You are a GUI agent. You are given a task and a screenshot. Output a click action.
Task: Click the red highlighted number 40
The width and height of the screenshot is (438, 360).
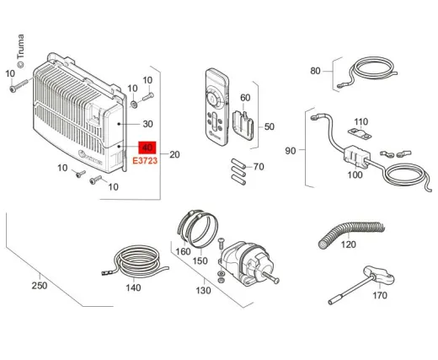click(x=147, y=148)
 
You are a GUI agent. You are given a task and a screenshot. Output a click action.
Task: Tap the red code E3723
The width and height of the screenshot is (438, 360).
click(x=145, y=161)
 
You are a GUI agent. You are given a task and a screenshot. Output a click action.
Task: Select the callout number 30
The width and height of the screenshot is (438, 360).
click(x=147, y=124)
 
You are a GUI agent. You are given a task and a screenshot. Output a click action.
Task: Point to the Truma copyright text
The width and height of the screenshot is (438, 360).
click(x=20, y=51)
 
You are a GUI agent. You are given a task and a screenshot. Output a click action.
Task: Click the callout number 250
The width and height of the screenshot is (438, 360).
click(x=40, y=286)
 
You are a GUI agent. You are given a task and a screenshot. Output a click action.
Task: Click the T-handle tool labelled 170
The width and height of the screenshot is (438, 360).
click(x=361, y=284)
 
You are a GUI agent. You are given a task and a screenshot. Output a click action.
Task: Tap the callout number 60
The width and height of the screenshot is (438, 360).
click(x=245, y=98)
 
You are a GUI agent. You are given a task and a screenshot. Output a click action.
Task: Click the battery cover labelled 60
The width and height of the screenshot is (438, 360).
click(x=243, y=126)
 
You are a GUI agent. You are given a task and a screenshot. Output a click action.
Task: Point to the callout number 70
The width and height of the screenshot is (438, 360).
click(x=259, y=167)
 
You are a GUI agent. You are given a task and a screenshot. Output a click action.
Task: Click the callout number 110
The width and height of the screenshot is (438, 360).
click(x=361, y=121)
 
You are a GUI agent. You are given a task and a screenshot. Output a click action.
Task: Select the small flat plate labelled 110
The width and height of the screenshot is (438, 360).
click(x=360, y=134)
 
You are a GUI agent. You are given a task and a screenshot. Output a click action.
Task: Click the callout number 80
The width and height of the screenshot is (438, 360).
click(x=315, y=71)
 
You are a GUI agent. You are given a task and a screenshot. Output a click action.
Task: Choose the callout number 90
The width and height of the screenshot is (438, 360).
click(x=291, y=151)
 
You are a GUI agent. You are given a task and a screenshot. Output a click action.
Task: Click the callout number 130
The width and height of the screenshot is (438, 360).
click(x=203, y=290)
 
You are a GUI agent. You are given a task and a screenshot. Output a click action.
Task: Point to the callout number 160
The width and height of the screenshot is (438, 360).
click(x=183, y=251)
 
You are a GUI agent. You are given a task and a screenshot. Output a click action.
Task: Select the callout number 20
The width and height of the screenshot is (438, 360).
click(x=174, y=154)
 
